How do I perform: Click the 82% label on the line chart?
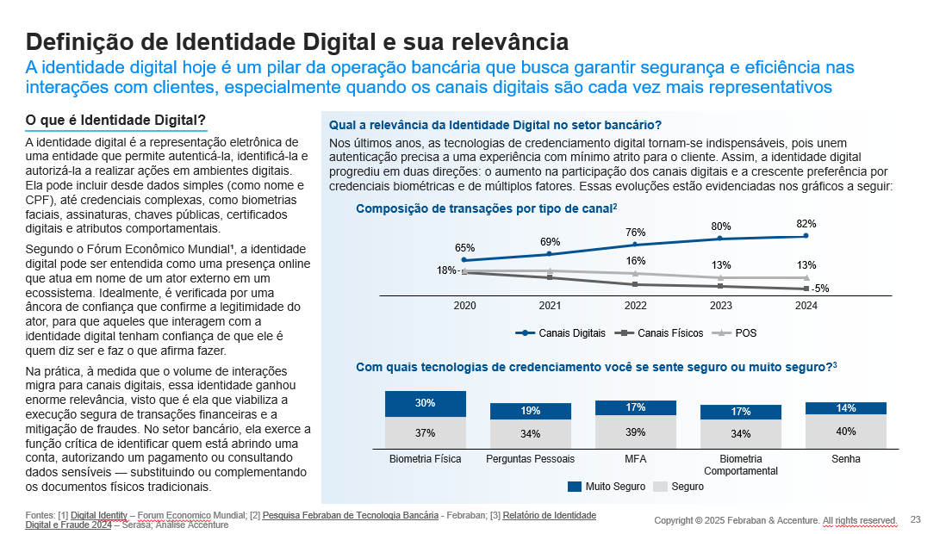point(806,224)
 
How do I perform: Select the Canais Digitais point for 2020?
point(464,259)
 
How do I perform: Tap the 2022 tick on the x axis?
point(635,305)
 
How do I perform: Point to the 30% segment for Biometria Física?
point(425,403)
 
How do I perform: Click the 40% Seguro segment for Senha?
point(845,432)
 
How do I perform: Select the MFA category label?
point(635,459)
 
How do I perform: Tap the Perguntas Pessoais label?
point(530,459)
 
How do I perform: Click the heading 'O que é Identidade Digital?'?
point(115,119)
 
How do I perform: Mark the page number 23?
point(916,519)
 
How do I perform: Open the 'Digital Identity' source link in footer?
point(99,515)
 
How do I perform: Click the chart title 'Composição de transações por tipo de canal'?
point(484,209)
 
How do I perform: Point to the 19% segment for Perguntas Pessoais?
point(530,411)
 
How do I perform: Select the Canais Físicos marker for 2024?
point(806,289)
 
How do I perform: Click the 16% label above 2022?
point(635,261)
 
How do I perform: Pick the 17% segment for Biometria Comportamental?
point(740,412)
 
